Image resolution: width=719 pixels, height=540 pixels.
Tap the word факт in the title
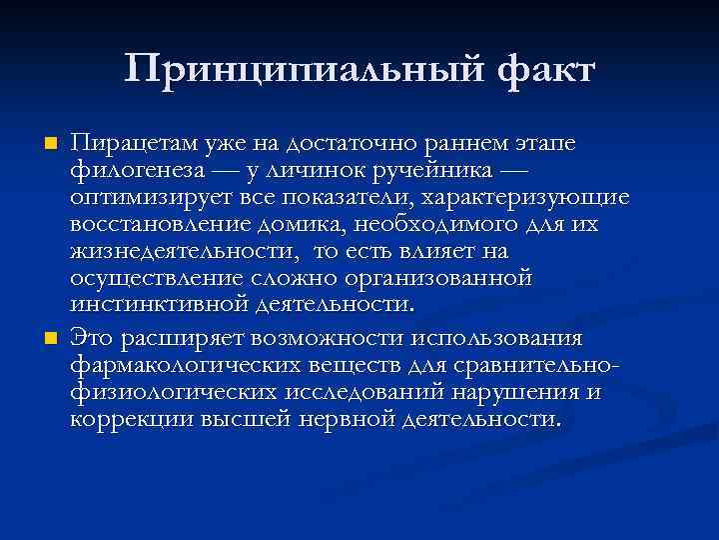click(x=536, y=70)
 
